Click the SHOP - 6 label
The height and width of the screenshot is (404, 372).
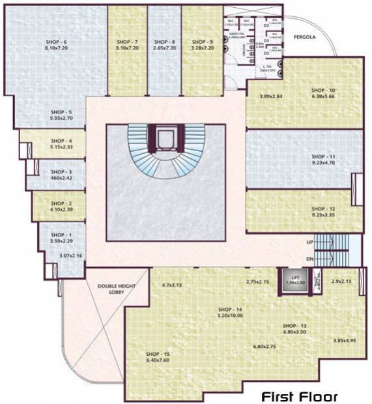[57, 42]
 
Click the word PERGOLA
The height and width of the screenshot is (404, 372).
[303, 38]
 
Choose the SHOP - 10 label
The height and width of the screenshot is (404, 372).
[322, 90]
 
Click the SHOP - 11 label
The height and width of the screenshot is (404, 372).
[322, 157]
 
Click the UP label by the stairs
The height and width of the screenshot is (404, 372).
[309, 242]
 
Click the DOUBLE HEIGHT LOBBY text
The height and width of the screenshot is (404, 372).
[115, 289]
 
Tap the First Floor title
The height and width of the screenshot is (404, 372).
[300, 396]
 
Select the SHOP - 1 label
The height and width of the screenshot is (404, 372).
[61, 234]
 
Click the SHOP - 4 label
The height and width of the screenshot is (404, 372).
[61, 141]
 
